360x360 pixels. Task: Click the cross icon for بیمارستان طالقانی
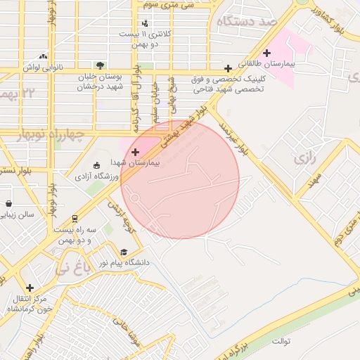click(x=266, y=53)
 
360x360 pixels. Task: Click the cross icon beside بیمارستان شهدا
click(x=135, y=152)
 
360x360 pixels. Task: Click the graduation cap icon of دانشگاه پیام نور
click(x=124, y=252)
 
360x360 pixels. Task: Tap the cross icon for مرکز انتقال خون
click(x=30, y=288)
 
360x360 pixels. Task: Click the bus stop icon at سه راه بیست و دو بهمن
click(x=75, y=219)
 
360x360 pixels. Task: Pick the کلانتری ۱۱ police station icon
click(x=145, y=24)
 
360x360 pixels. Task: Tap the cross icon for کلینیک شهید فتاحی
click(x=228, y=68)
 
